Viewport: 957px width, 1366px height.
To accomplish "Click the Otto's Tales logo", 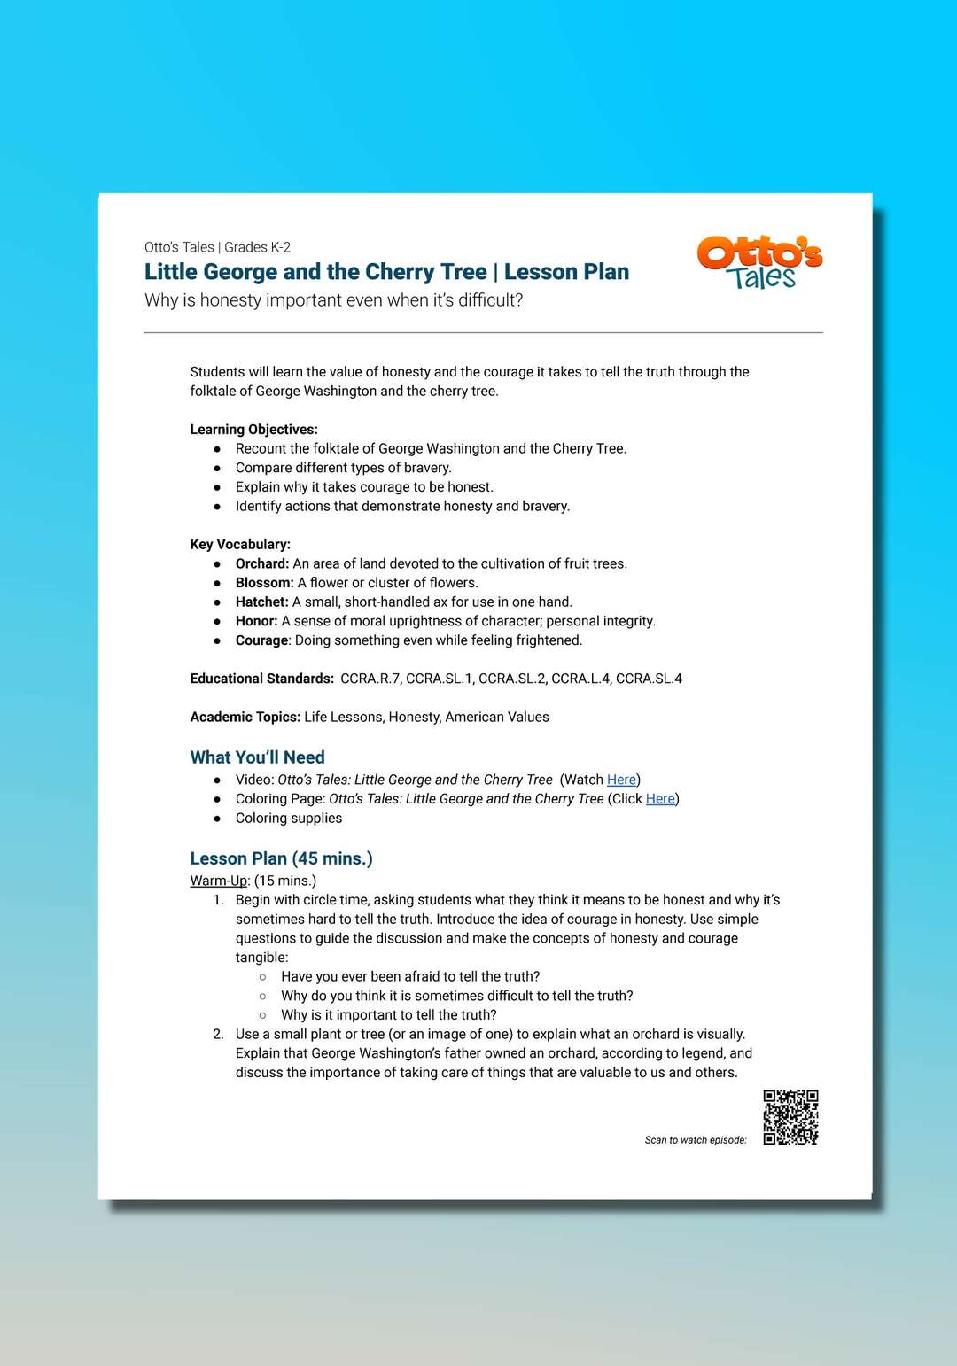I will (759, 262).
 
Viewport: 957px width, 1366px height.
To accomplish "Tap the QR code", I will (790, 1117).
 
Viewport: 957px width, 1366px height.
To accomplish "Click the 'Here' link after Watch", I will (621, 780).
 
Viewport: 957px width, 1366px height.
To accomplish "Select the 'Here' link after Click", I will (660, 799).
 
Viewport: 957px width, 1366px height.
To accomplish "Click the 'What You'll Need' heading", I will (257, 757).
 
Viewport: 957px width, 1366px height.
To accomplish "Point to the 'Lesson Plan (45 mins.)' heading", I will (281, 858).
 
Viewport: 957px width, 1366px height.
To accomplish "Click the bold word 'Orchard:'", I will (262, 563).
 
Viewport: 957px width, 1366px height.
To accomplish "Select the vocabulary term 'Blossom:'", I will (264, 583).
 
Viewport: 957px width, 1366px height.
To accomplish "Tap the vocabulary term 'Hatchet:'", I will (261, 602).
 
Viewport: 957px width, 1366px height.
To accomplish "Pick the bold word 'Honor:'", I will (256, 621).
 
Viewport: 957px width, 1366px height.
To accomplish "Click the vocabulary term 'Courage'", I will (261, 640).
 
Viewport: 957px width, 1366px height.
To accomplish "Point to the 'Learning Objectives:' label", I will (253, 430).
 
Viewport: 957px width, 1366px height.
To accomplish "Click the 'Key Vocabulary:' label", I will (240, 545).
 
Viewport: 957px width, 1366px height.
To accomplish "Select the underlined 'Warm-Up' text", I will (219, 881).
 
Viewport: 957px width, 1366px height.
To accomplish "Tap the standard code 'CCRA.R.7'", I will (370, 679).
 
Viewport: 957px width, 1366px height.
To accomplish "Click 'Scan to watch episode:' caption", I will (696, 1140).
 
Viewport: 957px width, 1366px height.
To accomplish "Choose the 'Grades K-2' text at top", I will (257, 247).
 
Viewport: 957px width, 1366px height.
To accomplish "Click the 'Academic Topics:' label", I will (245, 718).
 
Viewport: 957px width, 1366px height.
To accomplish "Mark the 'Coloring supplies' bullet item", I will (289, 819).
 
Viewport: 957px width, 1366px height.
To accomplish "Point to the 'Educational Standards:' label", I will (261, 679).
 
